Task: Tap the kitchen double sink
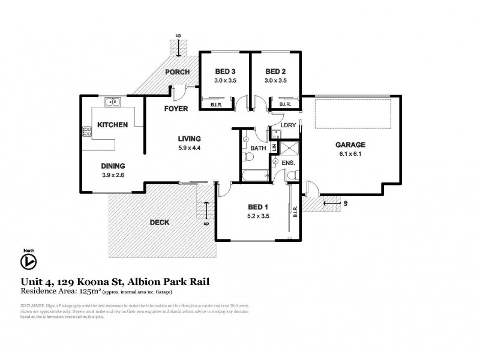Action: click(x=112, y=103)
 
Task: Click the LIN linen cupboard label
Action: click(x=274, y=148)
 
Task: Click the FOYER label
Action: click(x=176, y=109)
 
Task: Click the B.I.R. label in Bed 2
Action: click(x=285, y=104)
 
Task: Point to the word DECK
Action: click(x=159, y=222)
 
